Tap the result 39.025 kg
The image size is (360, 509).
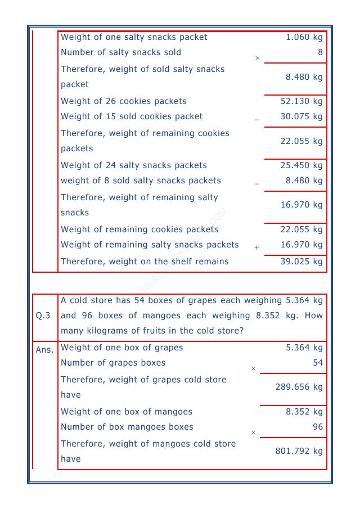(x=301, y=262)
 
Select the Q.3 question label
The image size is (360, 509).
(x=43, y=316)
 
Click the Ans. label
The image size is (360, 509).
(x=44, y=349)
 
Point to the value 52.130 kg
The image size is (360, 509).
(x=301, y=101)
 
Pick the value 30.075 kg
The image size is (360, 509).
(x=301, y=116)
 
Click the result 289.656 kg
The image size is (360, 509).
(x=299, y=387)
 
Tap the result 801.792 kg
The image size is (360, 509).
(x=299, y=451)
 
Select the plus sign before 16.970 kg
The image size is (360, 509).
(x=256, y=247)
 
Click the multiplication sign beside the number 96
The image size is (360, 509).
(x=253, y=433)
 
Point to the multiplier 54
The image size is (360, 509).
(x=318, y=363)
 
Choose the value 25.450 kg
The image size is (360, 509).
(x=301, y=165)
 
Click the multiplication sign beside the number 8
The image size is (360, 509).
(x=258, y=58)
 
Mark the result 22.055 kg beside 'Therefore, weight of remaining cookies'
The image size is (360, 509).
(x=301, y=141)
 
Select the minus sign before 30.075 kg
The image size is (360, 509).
(x=256, y=120)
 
